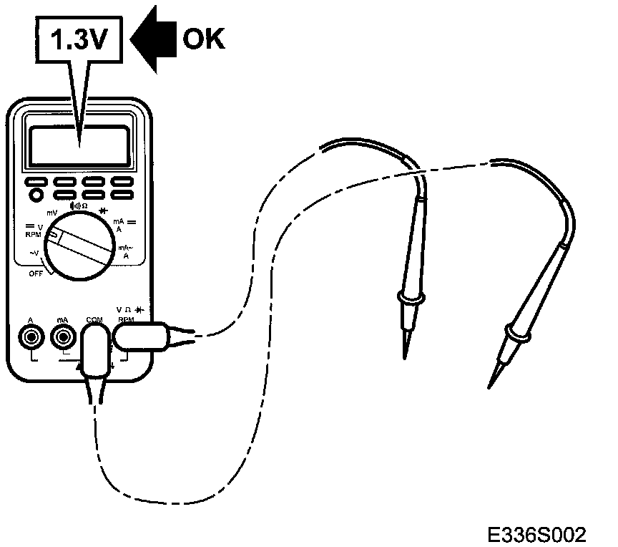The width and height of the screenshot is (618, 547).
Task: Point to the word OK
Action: [x=203, y=39]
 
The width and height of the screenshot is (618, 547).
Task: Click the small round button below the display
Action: [x=34, y=194]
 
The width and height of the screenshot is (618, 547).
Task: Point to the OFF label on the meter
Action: [x=36, y=273]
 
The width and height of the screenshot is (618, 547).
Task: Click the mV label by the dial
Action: [x=52, y=213]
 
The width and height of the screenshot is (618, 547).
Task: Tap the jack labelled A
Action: [x=30, y=336]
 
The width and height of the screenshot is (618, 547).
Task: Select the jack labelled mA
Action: [x=62, y=336]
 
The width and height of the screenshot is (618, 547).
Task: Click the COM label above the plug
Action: [x=94, y=319]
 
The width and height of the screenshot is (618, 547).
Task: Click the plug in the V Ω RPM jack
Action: [x=143, y=334]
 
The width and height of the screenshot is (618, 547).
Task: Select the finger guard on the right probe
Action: [x=516, y=331]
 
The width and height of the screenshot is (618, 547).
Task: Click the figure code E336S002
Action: [x=536, y=533]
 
